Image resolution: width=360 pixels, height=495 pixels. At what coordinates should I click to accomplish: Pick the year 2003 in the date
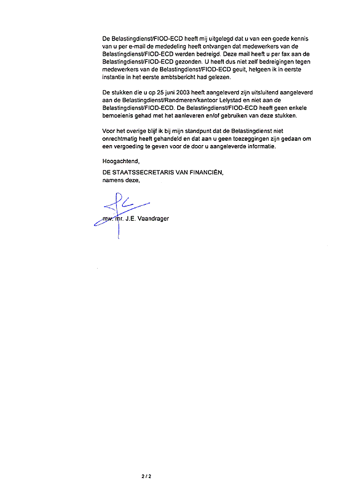coord(183,93)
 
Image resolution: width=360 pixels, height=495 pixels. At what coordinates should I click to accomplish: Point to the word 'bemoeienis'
coord(117,116)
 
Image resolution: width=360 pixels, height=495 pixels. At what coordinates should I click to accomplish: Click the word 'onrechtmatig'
coord(120,139)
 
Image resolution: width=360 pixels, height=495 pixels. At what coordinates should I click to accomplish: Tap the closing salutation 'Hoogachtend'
coord(121,162)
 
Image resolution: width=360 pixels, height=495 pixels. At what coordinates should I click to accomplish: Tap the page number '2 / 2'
coord(146,476)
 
